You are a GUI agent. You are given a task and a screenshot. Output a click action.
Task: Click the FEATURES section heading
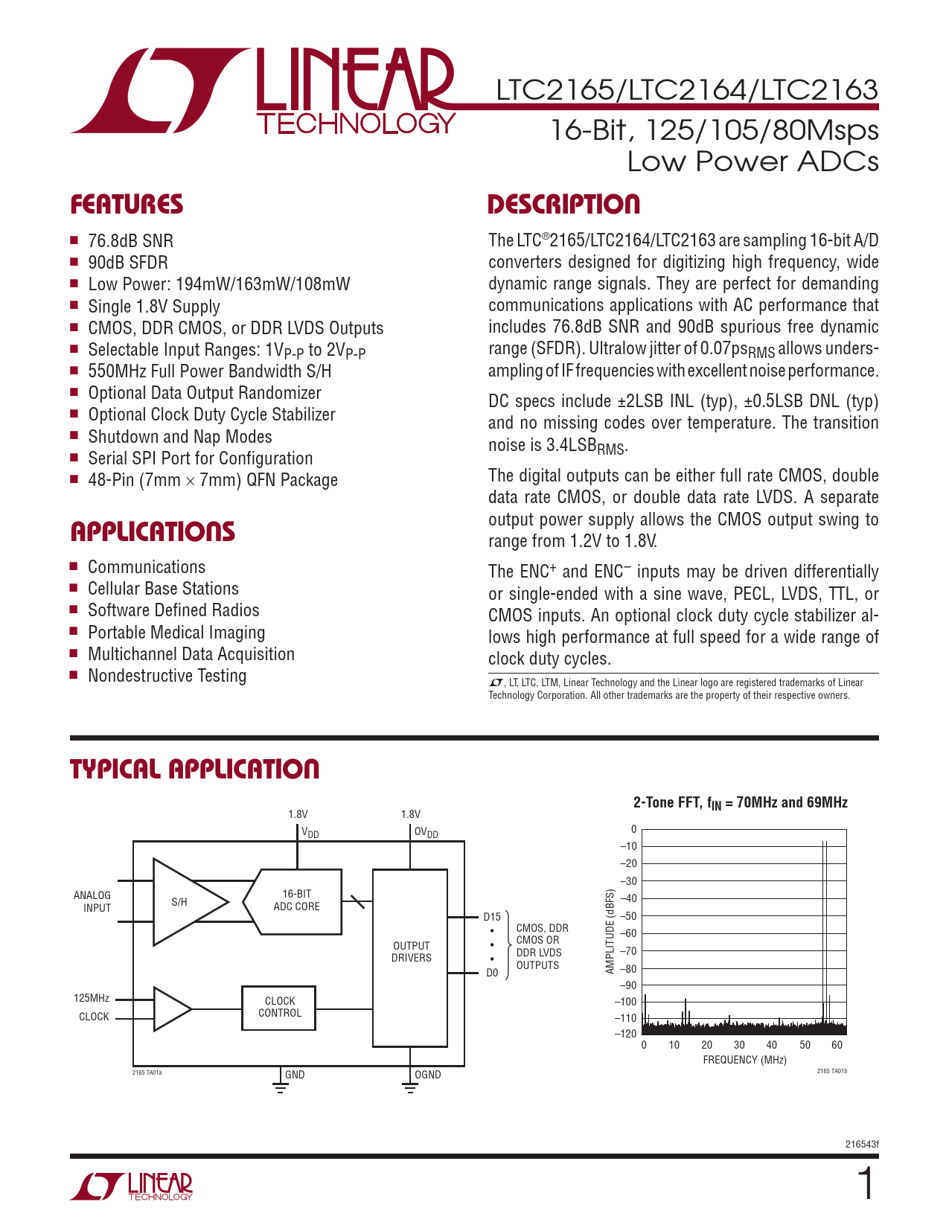[127, 205]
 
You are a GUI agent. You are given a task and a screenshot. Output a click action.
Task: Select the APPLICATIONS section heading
[153, 531]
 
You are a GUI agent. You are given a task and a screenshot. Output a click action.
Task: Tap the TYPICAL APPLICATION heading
[195, 769]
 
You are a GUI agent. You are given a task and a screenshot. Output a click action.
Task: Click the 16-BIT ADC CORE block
[296, 901]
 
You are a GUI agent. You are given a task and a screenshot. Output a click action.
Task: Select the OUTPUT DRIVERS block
[411, 952]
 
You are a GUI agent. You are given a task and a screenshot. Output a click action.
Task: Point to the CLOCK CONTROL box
[279, 1007]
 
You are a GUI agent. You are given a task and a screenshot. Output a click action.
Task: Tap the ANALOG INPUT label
[93, 901]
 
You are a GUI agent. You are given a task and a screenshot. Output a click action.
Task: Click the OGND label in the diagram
[428, 1075]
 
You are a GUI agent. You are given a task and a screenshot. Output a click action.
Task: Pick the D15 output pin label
[492, 917]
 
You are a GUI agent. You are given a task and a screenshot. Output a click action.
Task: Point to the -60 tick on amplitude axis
[628, 933]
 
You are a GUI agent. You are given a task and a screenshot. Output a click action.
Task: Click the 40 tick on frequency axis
[772, 1045]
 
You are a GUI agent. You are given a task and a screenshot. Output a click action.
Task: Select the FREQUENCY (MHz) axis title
[744, 1060]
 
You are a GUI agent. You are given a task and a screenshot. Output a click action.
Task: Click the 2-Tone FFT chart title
[740, 802]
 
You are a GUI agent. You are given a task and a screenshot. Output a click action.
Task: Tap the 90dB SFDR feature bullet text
[128, 263]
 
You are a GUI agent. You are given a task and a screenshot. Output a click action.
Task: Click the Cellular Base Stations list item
[163, 589]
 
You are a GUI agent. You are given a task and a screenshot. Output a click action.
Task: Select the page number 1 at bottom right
[866, 1184]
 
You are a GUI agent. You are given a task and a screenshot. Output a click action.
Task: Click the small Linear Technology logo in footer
[132, 1186]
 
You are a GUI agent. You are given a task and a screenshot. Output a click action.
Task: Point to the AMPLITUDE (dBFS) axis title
[610, 931]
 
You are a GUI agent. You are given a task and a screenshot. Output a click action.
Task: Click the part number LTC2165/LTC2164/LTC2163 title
[687, 90]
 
